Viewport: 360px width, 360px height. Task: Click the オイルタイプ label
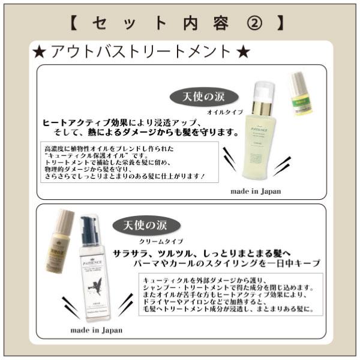(x=221, y=112)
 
